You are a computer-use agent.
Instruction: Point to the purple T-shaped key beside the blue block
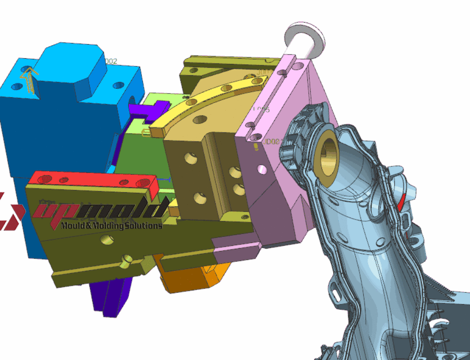148,110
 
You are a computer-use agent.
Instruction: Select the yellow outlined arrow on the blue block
29,78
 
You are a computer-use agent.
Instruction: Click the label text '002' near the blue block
110,61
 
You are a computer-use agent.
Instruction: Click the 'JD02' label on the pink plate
271,141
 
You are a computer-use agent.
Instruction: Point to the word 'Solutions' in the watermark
141,226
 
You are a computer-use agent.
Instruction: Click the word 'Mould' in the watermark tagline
73,226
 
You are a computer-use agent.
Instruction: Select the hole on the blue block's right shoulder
118,86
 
